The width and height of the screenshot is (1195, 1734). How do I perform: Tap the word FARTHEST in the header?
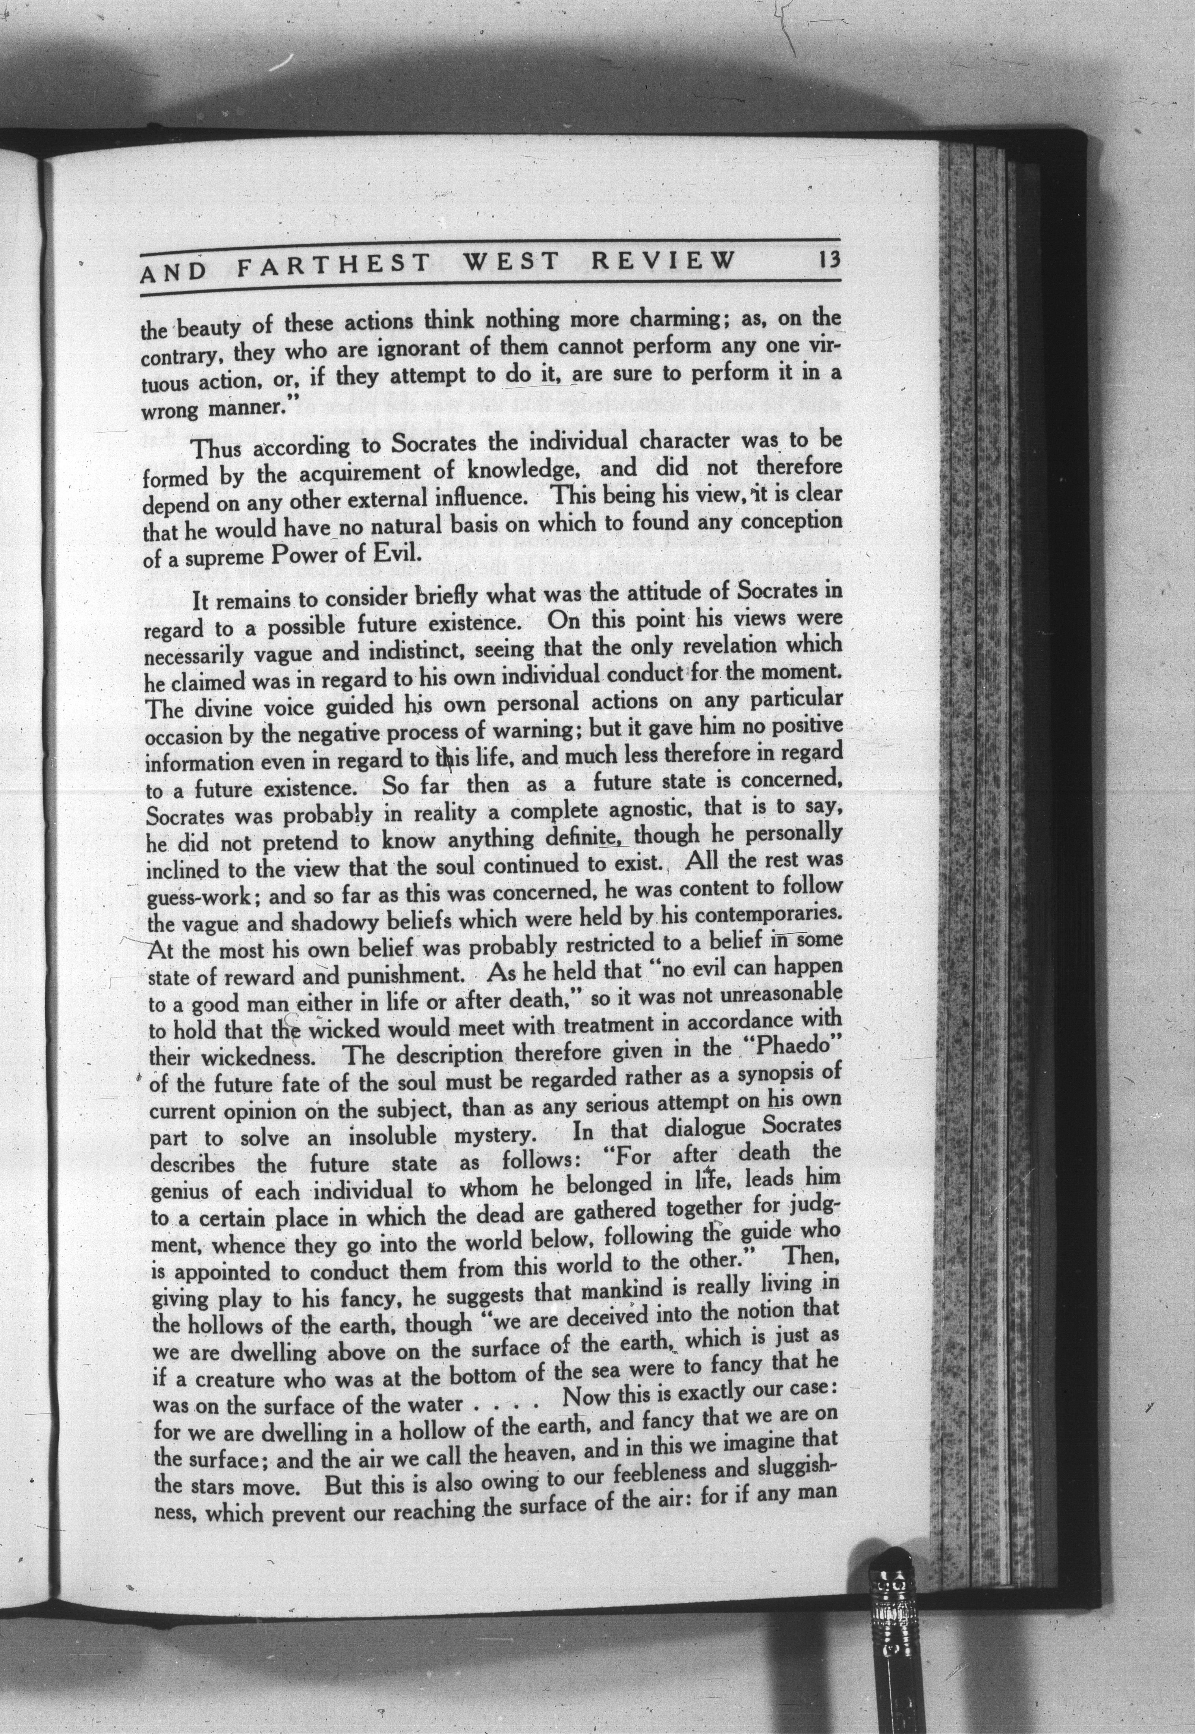tap(333, 264)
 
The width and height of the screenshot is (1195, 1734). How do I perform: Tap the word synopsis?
tap(775, 1073)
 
